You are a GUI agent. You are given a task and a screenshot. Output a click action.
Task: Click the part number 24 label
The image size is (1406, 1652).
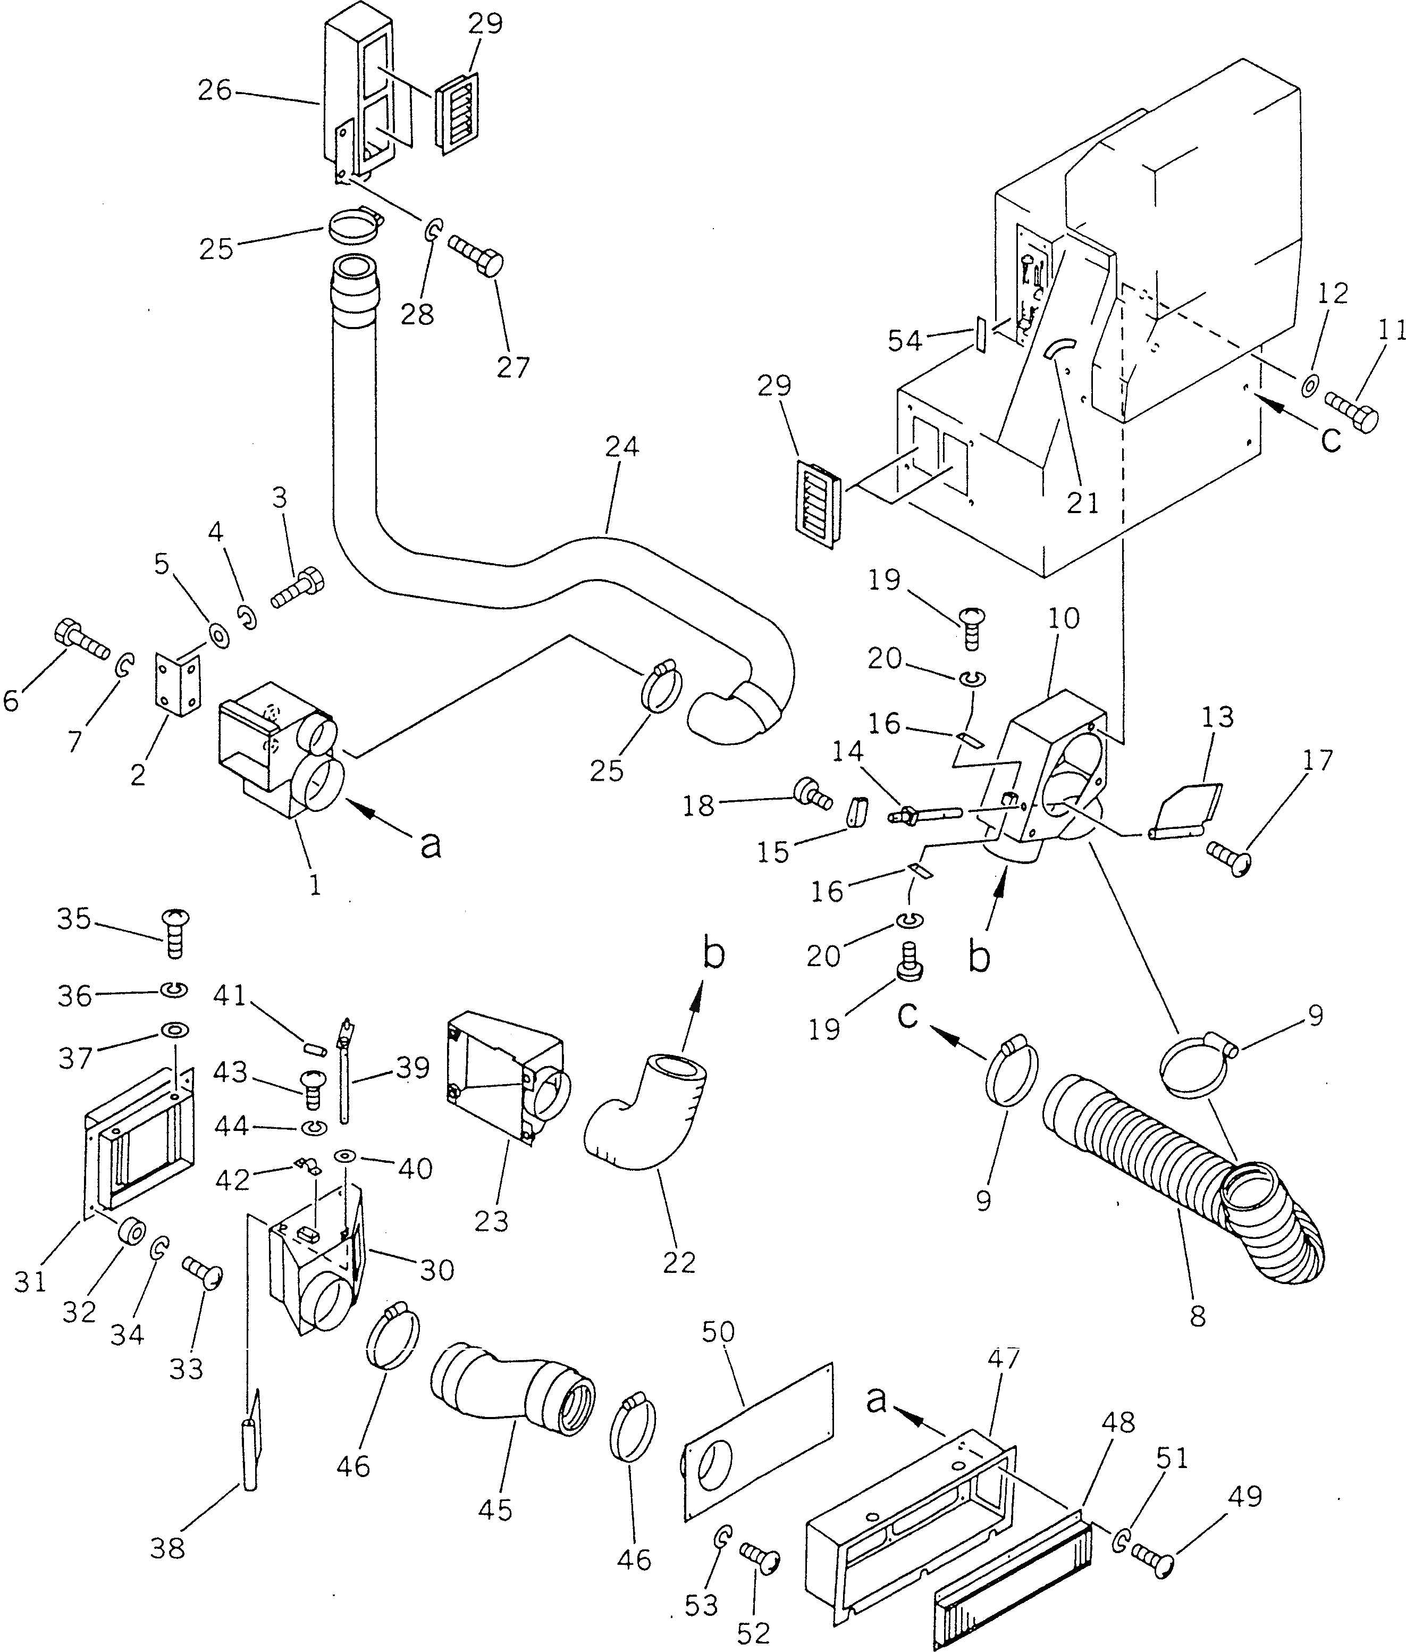click(622, 447)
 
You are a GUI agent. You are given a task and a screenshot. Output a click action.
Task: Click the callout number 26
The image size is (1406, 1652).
click(214, 91)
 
